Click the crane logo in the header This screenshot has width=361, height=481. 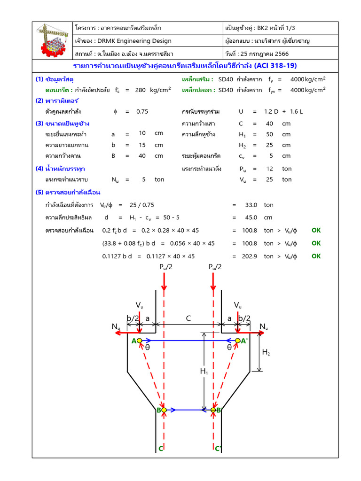tap(53, 40)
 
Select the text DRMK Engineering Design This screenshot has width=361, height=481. tap(133, 41)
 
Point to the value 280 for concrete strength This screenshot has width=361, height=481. tap(140, 90)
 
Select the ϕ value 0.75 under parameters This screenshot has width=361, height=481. tap(142, 111)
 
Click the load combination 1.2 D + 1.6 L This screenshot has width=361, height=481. tap(283, 111)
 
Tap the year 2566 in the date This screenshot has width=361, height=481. tap(281, 54)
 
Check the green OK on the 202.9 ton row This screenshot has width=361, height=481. tap(316, 256)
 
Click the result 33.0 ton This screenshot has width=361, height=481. tap(251, 205)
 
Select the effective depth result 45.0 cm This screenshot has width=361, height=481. tap(251, 217)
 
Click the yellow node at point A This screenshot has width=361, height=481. tap(140, 341)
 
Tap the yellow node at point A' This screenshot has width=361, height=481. tap(238, 341)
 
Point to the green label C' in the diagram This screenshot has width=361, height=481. tap(218, 449)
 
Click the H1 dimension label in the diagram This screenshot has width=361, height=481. tap(204, 372)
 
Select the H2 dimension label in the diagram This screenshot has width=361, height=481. tap(266, 352)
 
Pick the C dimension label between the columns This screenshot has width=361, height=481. tap(188, 318)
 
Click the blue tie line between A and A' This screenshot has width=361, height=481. tap(188, 341)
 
